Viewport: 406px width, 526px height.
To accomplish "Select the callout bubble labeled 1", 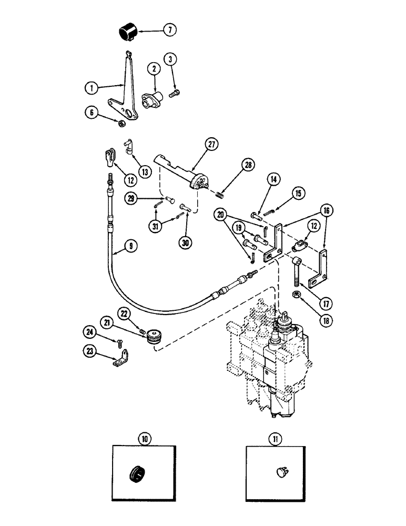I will pyautogui.click(x=90, y=88).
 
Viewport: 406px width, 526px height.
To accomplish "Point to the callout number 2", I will pyautogui.click(x=154, y=69).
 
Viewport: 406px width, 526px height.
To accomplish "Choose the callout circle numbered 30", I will pyautogui.click(x=186, y=242).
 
